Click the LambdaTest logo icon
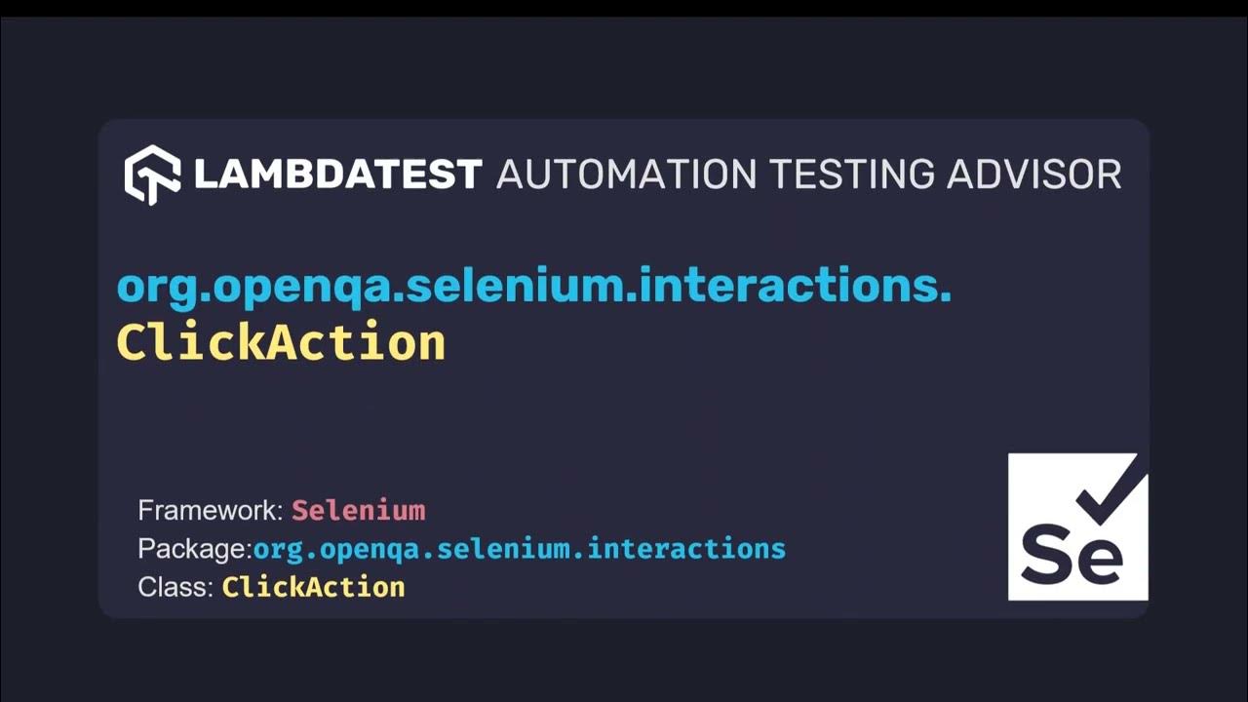pos(152,175)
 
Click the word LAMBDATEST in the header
pos(337,175)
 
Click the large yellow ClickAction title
pos(281,343)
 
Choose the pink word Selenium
pos(359,510)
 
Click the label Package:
pos(195,549)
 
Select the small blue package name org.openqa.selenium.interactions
pos(519,549)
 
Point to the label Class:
pos(175,587)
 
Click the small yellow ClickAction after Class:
pos(313,587)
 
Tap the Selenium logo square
pos(1077,526)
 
